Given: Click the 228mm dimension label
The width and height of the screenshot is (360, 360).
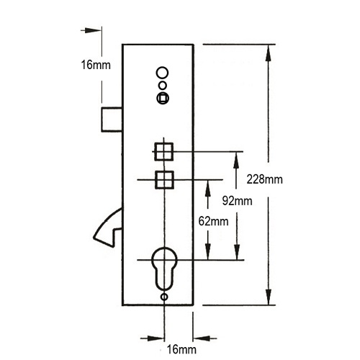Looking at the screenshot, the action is click(x=264, y=179).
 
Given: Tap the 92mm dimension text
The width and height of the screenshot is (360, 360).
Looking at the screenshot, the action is click(x=237, y=201).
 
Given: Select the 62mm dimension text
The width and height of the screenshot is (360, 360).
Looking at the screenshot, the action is click(x=213, y=221).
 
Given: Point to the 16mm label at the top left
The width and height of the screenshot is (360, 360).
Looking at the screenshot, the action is click(x=96, y=65).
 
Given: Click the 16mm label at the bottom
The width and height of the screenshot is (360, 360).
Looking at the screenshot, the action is click(x=181, y=349).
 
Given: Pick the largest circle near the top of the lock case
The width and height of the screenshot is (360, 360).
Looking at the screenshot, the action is click(x=162, y=73).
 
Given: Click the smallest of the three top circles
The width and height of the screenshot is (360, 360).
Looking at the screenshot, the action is click(x=163, y=85).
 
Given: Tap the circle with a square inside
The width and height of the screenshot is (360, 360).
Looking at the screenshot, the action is click(x=163, y=98).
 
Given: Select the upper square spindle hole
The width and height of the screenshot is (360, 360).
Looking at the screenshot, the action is click(x=163, y=151).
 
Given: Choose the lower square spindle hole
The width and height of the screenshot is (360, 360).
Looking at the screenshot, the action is click(x=164, y=179).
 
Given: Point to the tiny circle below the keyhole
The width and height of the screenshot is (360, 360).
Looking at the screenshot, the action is click(x=164, y=297).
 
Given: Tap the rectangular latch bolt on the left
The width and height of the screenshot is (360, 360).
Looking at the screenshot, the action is click(x=112, y=120).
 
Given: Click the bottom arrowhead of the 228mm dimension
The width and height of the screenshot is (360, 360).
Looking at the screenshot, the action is click(x=269, y=297).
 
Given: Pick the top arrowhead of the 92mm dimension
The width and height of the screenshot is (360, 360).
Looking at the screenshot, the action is click(x=237, y=160).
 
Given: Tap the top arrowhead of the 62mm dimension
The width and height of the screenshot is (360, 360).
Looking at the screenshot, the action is click(x=208, y=188).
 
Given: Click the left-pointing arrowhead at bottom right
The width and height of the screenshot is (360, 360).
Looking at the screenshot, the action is click(x=202, y=338).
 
